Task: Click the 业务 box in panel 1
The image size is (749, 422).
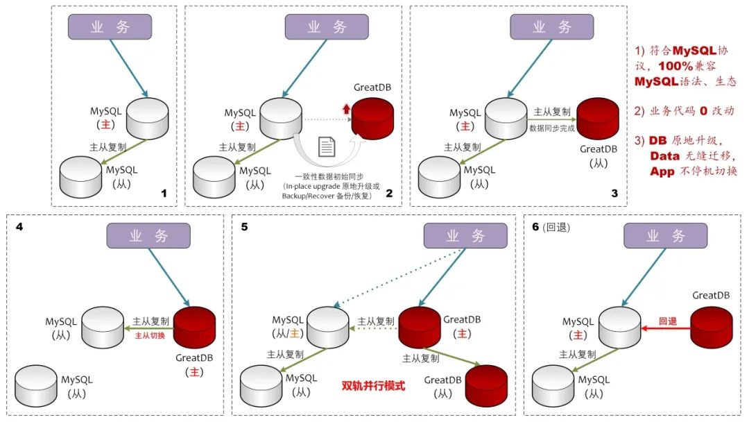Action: pos(110,26)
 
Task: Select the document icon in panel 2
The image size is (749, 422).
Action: pos(327,147)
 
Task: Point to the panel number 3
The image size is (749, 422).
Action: pos(614,194)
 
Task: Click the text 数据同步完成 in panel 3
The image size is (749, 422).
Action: pos(552,128)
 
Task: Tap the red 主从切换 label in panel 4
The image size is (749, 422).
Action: pos(149,335)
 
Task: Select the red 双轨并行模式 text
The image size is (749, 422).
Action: pos(373,385)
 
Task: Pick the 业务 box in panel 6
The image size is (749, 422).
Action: pos(665,236)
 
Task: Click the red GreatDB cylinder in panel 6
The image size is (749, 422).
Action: pos(712,326)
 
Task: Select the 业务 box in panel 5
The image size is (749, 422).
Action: pos(465,236)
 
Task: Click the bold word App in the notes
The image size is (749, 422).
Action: pos(662,171)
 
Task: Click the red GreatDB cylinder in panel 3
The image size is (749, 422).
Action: pos(598,119)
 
